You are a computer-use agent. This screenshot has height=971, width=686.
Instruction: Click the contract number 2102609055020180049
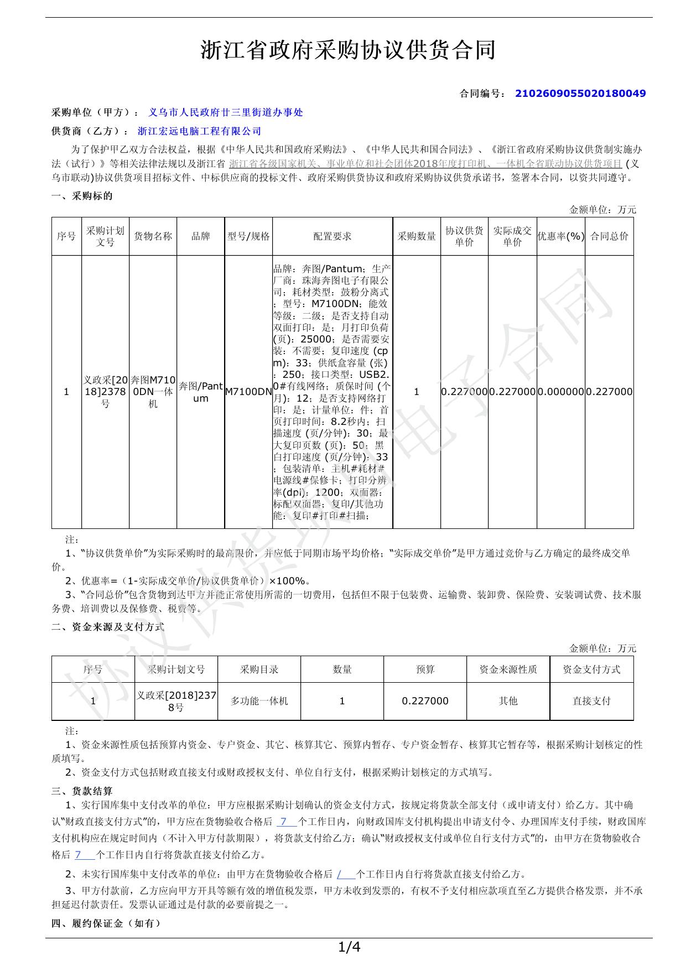(580, 94)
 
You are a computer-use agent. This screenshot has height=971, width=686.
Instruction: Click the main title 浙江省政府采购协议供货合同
(348, 50)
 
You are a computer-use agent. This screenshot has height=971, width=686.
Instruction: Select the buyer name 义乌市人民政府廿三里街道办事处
(226, 112)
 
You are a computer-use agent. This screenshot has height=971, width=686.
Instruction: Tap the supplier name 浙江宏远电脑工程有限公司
(199, 131)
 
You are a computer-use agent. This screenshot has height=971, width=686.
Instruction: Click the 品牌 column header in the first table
(200, 236)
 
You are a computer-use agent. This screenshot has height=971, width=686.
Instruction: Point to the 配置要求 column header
(332, 236)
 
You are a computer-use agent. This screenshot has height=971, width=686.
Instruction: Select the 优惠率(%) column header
(560, 236)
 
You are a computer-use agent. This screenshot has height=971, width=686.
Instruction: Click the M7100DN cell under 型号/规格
(248, 392)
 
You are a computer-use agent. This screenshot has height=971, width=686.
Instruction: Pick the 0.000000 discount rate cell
(560, 392)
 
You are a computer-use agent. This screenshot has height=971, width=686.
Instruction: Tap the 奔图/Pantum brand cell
(200, 392)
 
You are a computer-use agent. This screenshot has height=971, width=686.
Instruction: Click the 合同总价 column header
(609, 236)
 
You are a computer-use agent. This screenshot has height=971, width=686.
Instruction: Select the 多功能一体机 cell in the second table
(259, 701)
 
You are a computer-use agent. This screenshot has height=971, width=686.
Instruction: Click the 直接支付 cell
(591, 701)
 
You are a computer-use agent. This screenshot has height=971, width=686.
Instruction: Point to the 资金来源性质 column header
(508, 669)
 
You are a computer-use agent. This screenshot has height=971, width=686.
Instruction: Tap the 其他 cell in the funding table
(508, 701)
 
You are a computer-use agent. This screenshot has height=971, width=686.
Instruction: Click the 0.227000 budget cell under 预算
(425, 701)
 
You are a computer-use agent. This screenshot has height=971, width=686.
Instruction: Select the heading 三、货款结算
(82, 791)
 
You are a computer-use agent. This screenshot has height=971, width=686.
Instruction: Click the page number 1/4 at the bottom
(349, 948)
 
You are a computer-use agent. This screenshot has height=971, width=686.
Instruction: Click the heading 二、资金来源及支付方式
(108, 627)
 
